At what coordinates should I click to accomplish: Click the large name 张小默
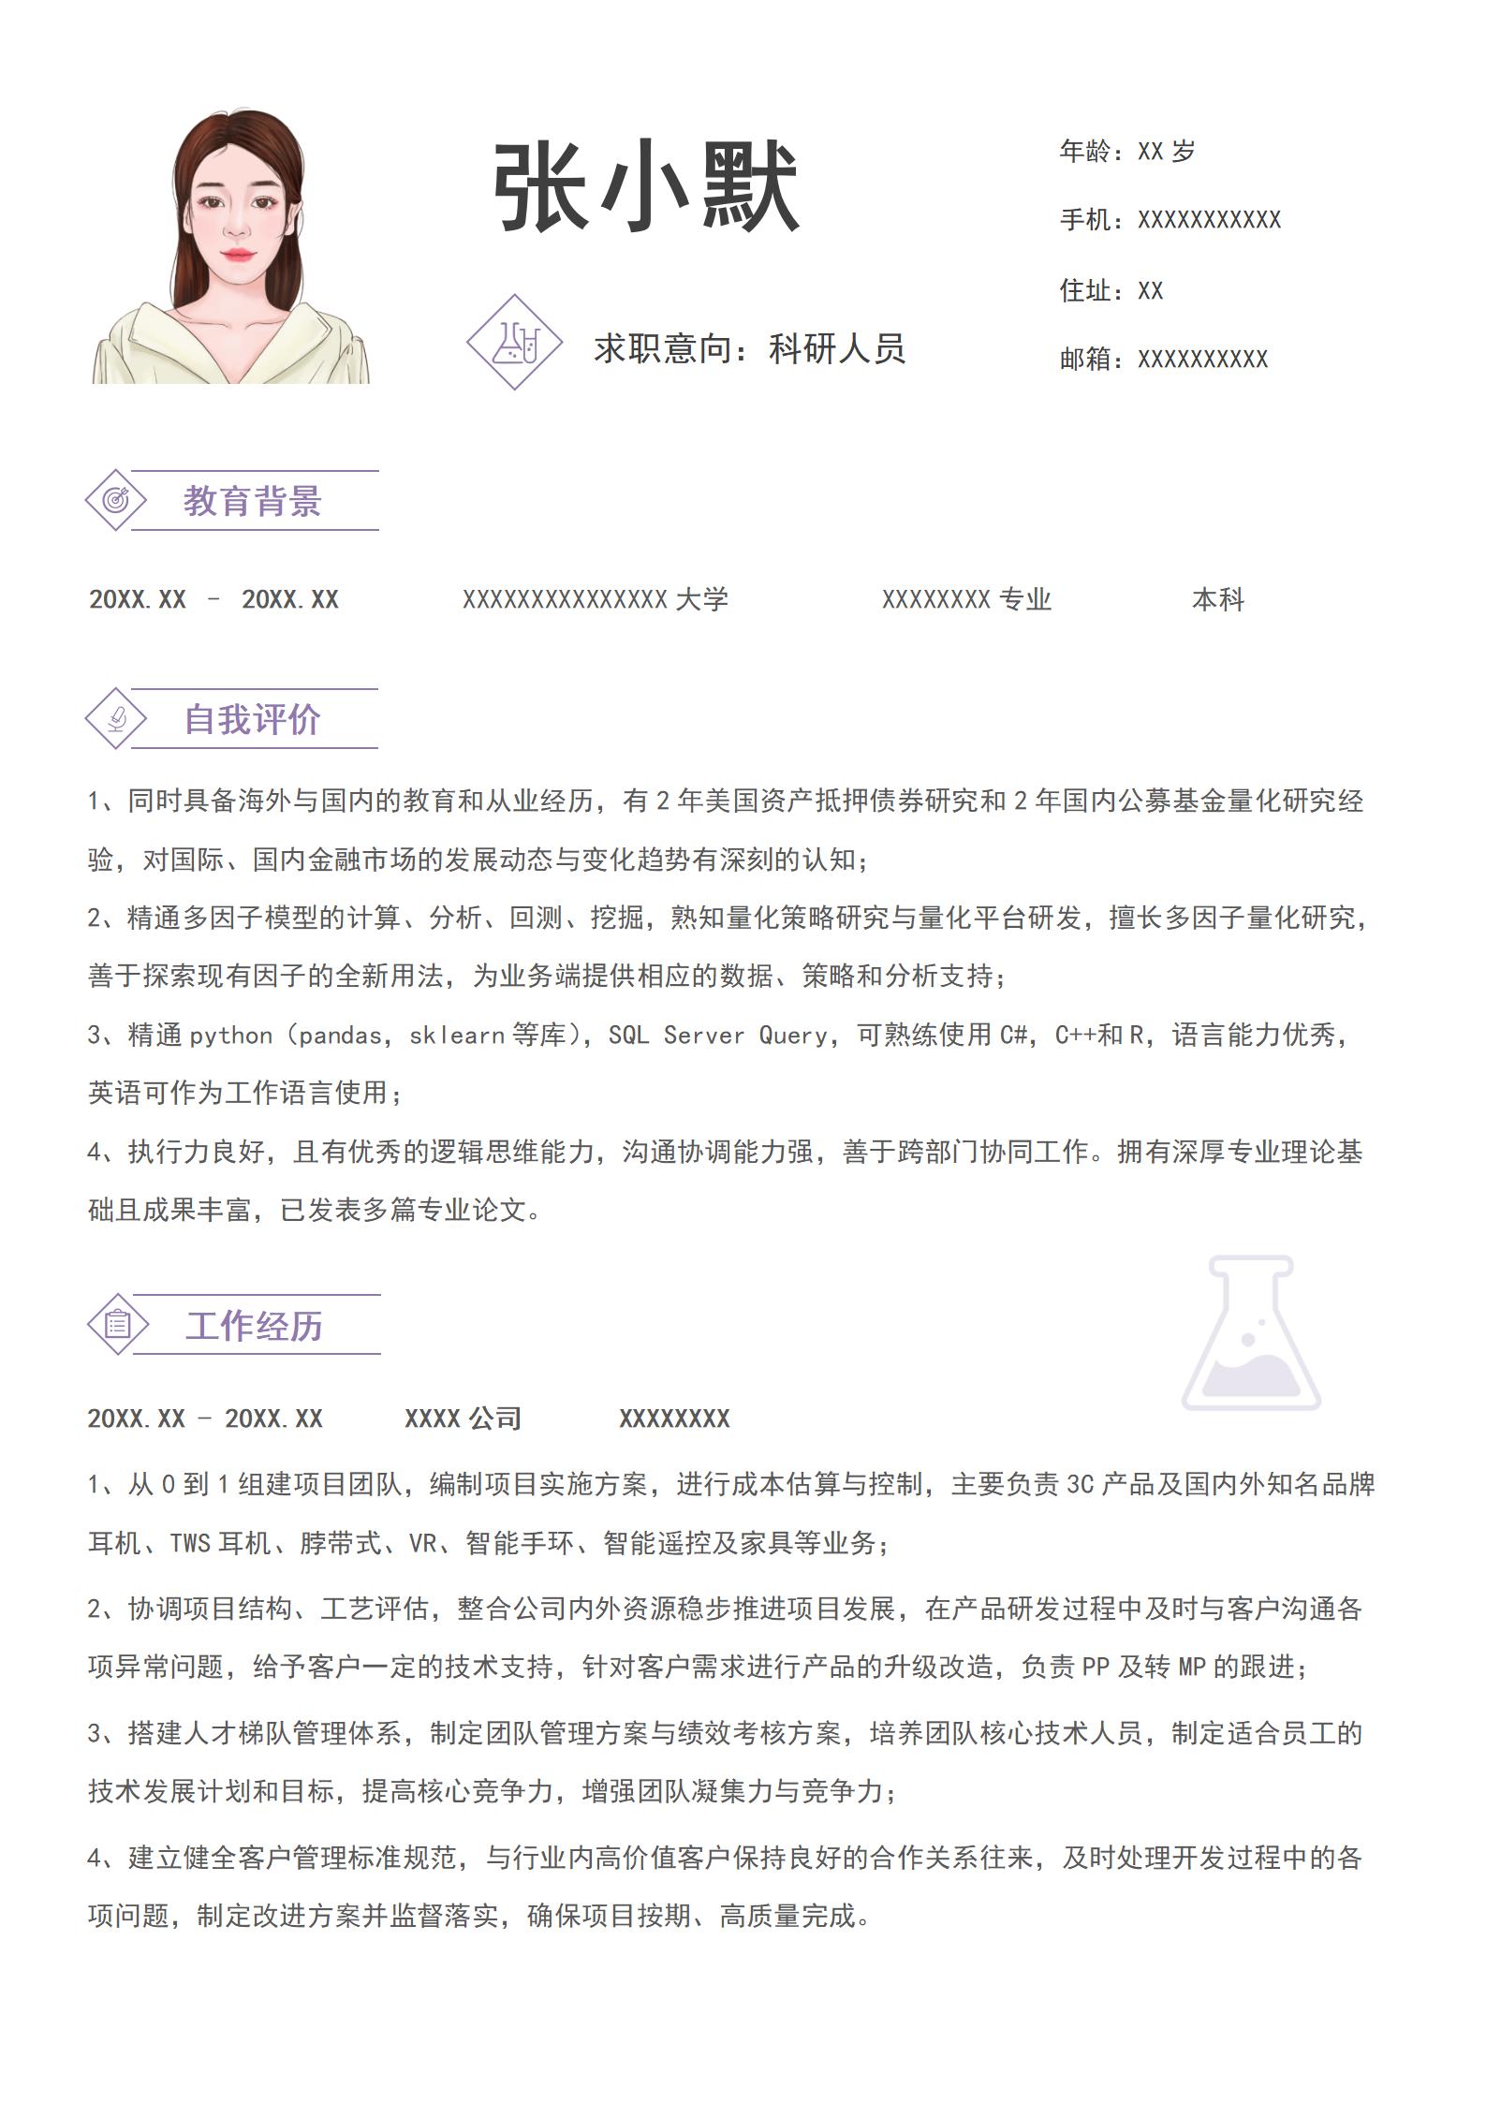646,187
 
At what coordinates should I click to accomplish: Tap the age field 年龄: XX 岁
1127,151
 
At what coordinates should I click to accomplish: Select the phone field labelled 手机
1170,220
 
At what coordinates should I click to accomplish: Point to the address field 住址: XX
1111,290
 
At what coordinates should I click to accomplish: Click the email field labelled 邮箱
1163,360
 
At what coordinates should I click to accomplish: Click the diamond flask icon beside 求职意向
514,343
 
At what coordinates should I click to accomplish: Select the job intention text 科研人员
837,349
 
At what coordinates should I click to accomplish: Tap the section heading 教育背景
252,502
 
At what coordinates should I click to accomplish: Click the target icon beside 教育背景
116,500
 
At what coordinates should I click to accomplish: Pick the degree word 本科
1217,600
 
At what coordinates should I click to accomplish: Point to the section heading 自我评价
252,720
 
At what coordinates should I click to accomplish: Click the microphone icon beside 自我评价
116,719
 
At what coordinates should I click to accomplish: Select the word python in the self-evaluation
230,1036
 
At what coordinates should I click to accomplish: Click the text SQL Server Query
718,1036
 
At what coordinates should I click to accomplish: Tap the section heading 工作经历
254,1326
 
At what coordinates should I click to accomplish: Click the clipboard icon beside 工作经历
118,1324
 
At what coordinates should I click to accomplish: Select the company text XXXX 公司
463,1418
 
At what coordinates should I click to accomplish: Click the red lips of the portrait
237,254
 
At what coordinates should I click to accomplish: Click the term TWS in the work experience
190,1543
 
